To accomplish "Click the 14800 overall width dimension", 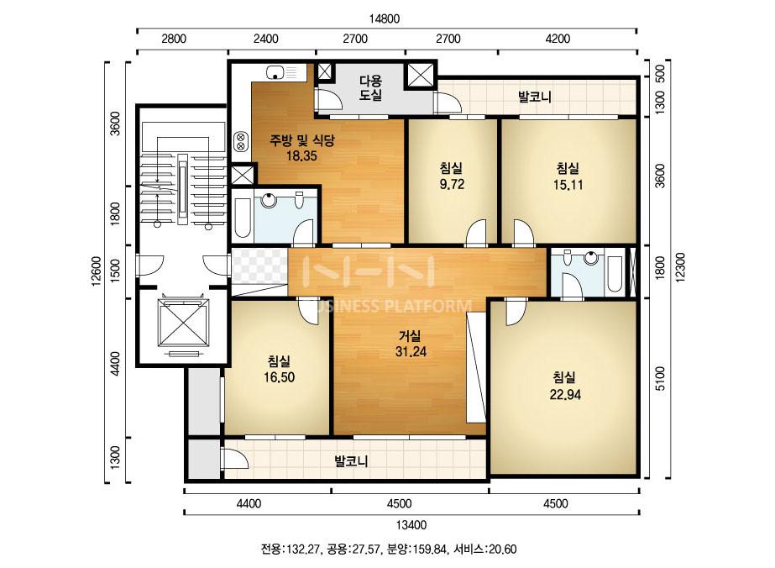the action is click(x=384, y=18).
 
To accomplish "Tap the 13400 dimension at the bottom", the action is click(x=411, y=525).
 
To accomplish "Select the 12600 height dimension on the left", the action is click(x=97, y=271).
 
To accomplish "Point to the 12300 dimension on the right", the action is click(x=681, y=267).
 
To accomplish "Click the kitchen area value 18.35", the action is click(x=301, y=156).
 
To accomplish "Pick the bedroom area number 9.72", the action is click(x=452, y=185).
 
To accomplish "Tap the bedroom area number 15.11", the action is click(x=568, y=185).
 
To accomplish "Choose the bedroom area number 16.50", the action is click(x=280, y=377).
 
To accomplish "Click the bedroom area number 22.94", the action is click(x=565, y=395).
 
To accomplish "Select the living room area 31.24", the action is click(x=411, y=352).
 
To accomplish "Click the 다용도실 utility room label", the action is click(x=370, y=87).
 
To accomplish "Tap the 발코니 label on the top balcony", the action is click(x=535, y=97).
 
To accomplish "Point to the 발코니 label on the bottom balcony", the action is click(x=352, y=461).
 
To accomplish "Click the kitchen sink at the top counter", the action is click(x=275, y=73).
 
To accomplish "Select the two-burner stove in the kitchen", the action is click(x=241, y=141).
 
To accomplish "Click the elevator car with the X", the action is click(x=183, y=323).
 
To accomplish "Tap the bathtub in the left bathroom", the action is click(x=243, y=218).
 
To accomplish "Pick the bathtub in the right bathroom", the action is click(x=615, y=274).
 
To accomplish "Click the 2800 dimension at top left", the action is click(x=174, y=39).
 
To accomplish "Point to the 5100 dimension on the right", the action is click(x=660, y=378).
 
